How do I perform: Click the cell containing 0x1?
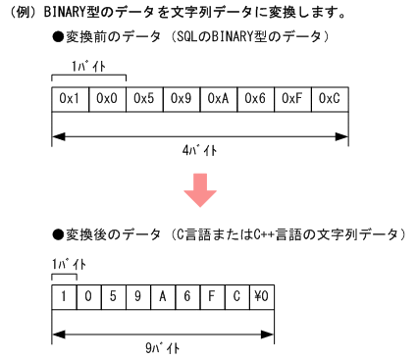[71, 99]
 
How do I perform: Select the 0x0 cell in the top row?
[108, 99]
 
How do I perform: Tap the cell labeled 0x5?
[144, 99]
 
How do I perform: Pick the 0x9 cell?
[182, 99]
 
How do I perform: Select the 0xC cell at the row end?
[330, 99]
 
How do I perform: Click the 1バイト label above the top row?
[88, 66]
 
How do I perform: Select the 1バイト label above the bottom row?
[68, 264]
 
